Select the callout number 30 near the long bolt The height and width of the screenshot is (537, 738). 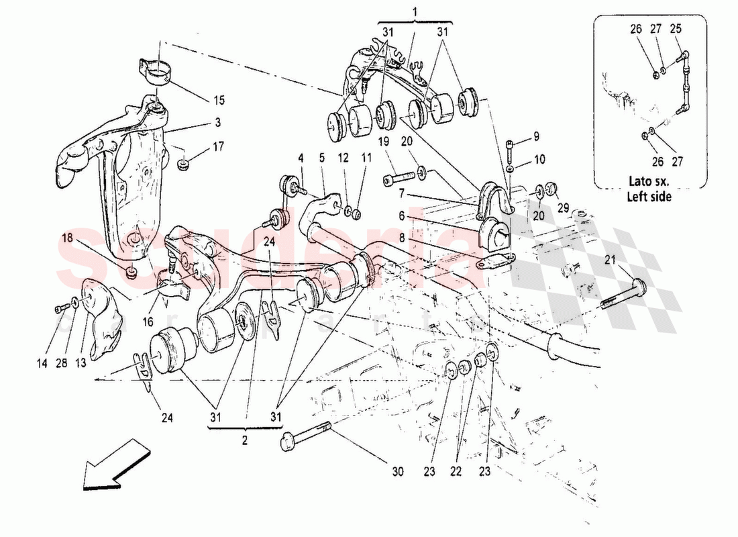pyautogui.click(x=398, y=472)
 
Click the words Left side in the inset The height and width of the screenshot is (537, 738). pyautogui.click(x=649, y=197)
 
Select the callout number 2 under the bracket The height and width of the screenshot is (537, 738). pyautogui.click(x=244, y=441)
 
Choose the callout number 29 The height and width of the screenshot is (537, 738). pyautogui.click(x=562, y=209)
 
